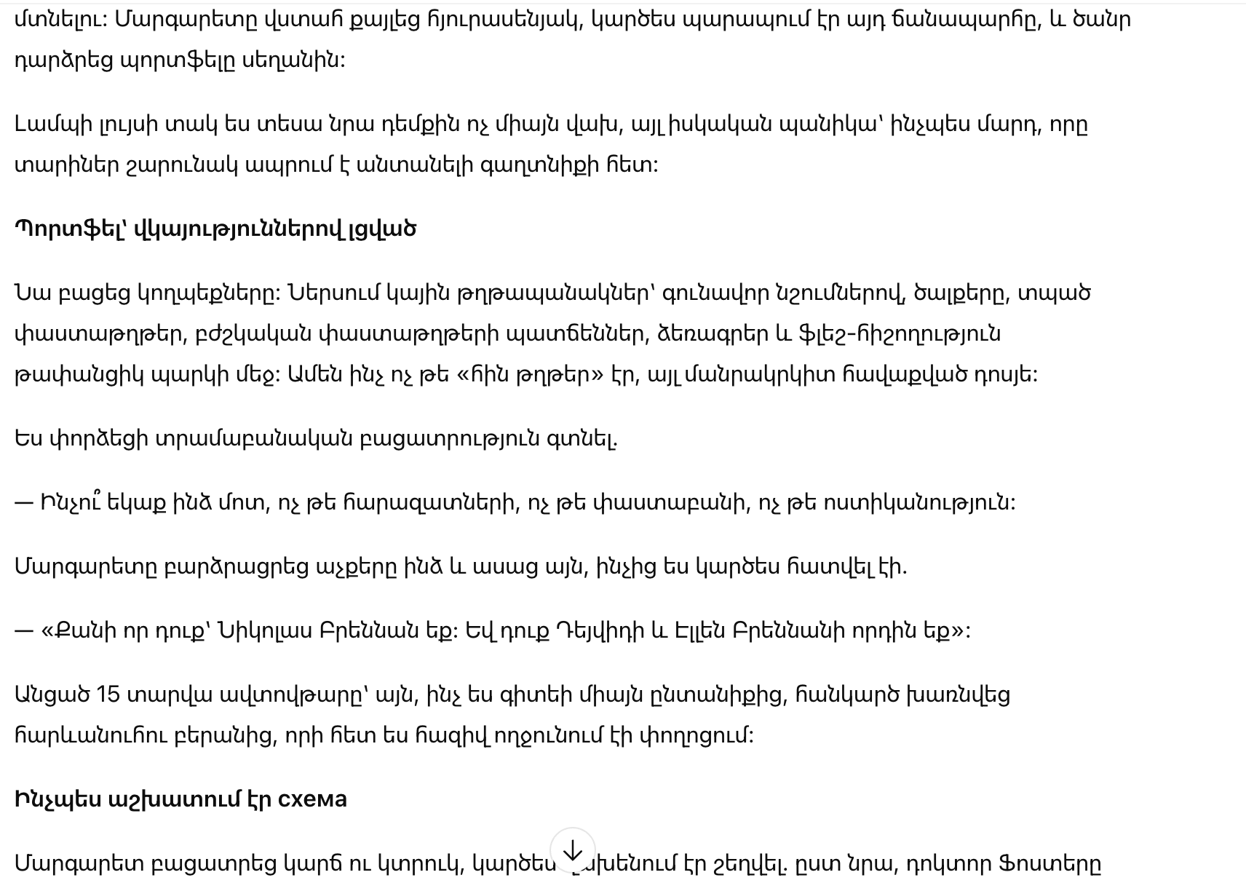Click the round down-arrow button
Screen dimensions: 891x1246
click(573, 850)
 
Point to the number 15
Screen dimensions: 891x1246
click(108, 694)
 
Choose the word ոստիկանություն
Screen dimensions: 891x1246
click(917, 502)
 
